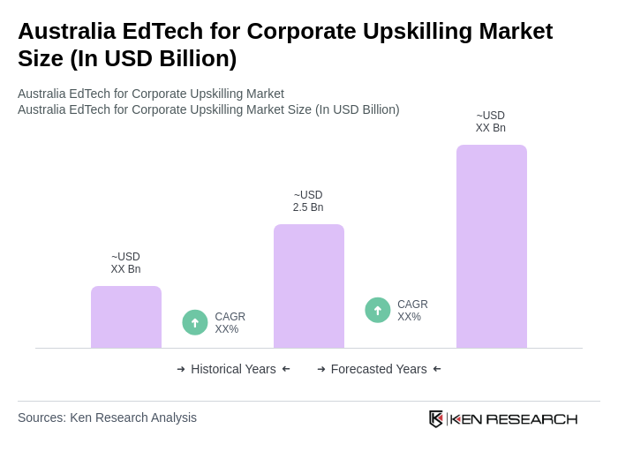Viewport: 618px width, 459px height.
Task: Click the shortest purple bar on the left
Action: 126,317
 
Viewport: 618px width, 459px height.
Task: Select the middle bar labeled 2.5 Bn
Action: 309,286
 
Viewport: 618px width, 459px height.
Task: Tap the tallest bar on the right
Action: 492,246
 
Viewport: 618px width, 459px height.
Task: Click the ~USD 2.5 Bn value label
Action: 308,201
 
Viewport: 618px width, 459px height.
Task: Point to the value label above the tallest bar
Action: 491,122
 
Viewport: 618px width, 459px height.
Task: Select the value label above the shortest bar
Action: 125,263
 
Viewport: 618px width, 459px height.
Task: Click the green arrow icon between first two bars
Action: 195,322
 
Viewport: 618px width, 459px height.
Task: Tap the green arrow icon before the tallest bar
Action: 378,310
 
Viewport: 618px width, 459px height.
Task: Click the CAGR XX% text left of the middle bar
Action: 230,323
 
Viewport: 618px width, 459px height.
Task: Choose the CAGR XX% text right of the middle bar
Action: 412,311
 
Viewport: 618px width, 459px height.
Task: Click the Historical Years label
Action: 233,369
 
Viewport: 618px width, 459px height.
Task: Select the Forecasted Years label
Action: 379,369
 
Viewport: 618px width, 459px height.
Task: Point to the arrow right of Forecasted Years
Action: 437,369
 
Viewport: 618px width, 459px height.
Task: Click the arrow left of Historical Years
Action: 181,369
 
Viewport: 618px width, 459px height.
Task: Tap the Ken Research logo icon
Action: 436,418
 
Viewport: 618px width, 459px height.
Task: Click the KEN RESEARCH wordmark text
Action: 514,419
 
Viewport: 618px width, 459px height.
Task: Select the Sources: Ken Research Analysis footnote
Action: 107,418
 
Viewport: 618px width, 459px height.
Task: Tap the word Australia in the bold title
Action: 67,31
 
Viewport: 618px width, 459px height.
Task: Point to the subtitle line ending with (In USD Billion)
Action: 208,109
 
